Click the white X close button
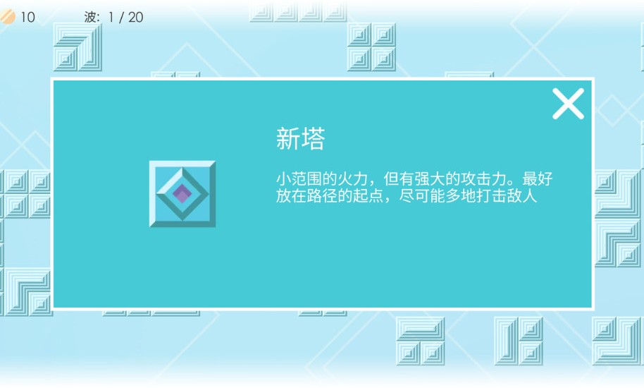(x=568, y=104)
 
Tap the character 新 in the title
(x=287, y=140)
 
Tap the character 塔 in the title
(x=313, y=140)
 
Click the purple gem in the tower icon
(x=182, y=193)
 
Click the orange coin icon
(x=7, y=16)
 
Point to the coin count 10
(x=27, y=17)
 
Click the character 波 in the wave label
(x=92, y=17)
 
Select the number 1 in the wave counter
(x=111, y=17)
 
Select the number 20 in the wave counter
(x=135, y=17)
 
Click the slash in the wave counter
(x=122, y=17)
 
